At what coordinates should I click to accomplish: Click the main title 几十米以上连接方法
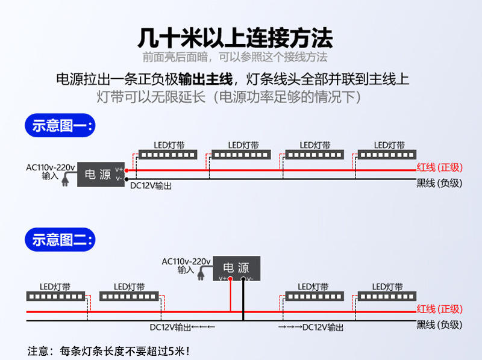coord(235,37)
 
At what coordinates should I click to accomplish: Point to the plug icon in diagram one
coord(66,179)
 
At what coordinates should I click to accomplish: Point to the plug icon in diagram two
coord(202,275)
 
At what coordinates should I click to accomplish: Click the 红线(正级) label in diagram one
coord(439,167)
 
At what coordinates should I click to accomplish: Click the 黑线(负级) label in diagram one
coord(439,183)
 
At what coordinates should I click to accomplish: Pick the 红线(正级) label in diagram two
coord(439,309)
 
